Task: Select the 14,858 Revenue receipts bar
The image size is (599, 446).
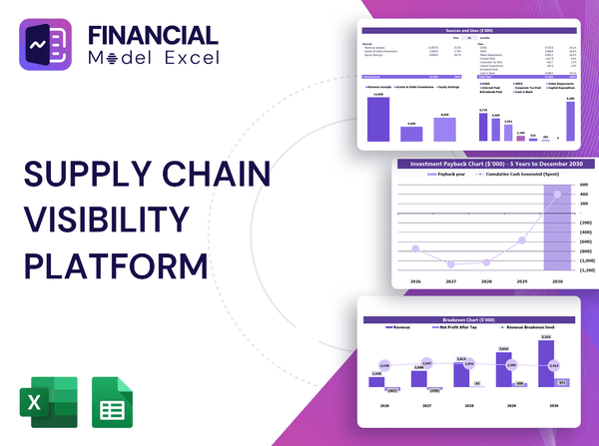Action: coord(378,118)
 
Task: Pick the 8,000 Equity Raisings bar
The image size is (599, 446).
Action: coord(444,129)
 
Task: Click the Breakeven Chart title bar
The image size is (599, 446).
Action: coord(470,320)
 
